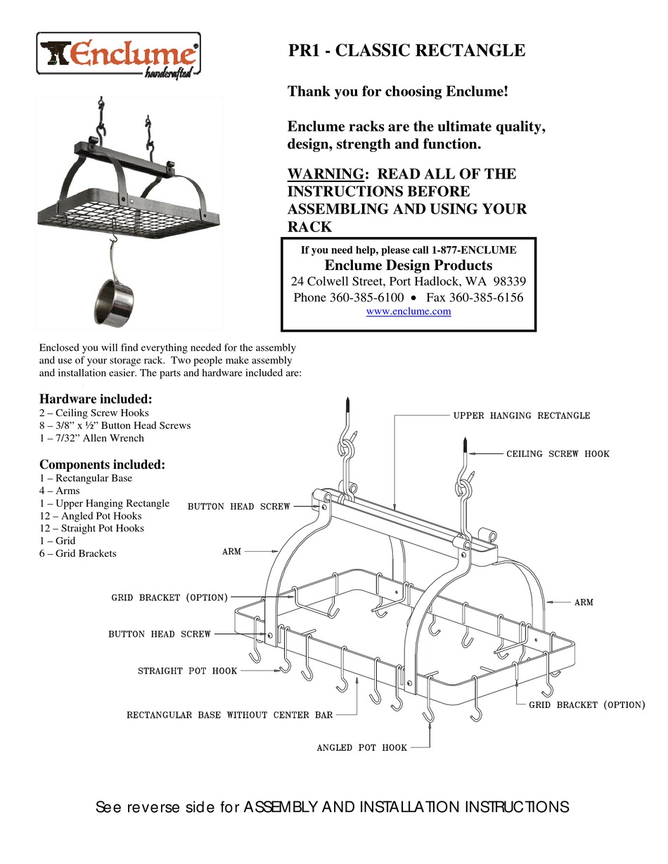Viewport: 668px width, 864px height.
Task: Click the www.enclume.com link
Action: click(409, 311)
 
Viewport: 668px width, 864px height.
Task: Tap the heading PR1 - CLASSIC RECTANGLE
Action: click(406, 51)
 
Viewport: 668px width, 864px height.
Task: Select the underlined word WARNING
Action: click(326, 174)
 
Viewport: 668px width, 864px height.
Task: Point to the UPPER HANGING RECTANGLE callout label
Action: click(521, 415)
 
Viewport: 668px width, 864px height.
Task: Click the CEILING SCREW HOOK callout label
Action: click(558, 453)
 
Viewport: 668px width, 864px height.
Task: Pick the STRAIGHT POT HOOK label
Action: click(187, 671)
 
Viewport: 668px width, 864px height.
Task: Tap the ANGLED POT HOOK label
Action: click(361, 747)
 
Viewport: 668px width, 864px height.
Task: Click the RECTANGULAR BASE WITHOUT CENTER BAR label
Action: click(229, 715)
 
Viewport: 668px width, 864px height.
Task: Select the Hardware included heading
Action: click(96, 399)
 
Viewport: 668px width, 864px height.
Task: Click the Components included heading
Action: click(103, 465)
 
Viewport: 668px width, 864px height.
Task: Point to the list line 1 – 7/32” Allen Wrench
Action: click(91, 438)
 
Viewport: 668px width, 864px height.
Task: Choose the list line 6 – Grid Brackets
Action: click(78, 553)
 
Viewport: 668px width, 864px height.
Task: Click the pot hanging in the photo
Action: click(115, 301)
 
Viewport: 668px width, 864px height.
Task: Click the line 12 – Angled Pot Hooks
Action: click(91, 516)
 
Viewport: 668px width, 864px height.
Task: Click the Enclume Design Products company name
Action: click(408, 266)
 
